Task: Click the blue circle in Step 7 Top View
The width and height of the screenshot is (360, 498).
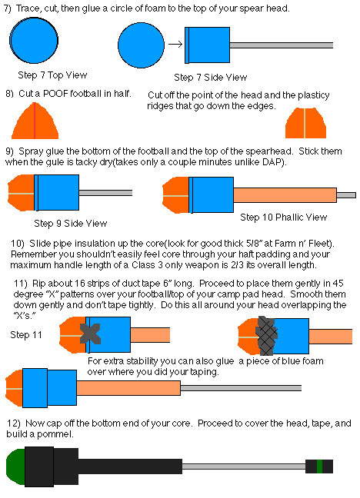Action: point(34,40)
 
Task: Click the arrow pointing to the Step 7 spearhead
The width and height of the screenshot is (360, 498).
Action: point(175,44)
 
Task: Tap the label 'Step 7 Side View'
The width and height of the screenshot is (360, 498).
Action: point(210,77)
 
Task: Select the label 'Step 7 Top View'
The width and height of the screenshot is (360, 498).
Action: point(52,75)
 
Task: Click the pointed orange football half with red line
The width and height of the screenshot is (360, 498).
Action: point(35,121)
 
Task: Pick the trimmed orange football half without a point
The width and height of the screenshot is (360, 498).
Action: point(305,123)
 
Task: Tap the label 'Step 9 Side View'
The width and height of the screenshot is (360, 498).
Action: point(70,224)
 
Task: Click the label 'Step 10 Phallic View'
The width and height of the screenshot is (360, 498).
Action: point(283,217)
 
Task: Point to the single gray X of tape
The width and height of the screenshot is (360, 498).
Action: point(90,334)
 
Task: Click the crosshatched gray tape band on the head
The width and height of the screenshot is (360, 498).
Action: point(266,336)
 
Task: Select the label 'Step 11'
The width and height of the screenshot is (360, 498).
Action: point(26,335)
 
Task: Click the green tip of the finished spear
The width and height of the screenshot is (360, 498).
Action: point(16,466)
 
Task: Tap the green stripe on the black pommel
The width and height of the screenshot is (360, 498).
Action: point(319,466)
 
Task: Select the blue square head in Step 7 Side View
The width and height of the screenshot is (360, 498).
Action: point(208,45)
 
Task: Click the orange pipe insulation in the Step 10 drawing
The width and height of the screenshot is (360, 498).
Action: point(285,195)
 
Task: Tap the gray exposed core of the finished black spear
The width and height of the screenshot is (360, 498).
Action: point(244,466)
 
